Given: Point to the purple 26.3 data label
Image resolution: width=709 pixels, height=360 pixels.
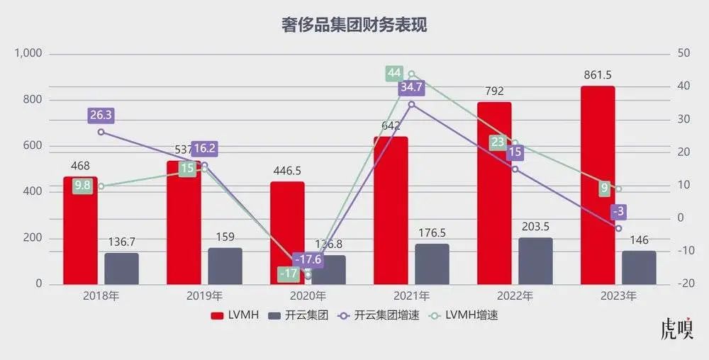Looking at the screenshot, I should pyautogui.click(x=101, y=115).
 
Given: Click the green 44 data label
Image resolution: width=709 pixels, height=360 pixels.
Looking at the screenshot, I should pyautogui.click(x=394, y=73).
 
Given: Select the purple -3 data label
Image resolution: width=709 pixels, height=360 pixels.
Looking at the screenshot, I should pyautogui.click(x=618, y=211).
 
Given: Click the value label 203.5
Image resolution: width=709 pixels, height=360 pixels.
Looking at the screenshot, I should pyautogui.click(x=536, y=227).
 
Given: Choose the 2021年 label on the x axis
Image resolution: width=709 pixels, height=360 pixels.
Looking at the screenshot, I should pyautogui.click(x=411, y=296).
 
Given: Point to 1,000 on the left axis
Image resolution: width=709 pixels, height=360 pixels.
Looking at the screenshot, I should pyautogui.click(x=28, y=54).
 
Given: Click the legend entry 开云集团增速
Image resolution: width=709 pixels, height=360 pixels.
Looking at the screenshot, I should pyautogui.click(x=384, y=315).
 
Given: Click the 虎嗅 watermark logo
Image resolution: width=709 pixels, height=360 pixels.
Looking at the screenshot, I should pyautogui.click(x=676, y=330).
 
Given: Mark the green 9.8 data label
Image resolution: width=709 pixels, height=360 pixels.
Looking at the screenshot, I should pyautogui.click(x=83, y=186).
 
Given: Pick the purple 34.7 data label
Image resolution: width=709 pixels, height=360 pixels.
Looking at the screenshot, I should pyautogui.click(x=412, y=88).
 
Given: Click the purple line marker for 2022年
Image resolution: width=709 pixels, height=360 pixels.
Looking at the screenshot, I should pyautogui.click(x=515, y=169).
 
